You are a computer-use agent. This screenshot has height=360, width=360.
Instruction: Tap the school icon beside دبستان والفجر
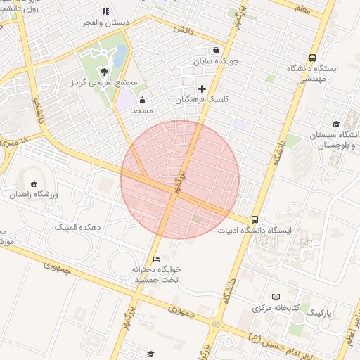click(x=105, y=11)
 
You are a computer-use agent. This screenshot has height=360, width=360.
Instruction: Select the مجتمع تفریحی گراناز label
click(x=105, y=83)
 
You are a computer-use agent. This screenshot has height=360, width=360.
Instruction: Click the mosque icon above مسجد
click(x=143, y=100)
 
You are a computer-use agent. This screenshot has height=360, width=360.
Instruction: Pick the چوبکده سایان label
click(x=216, y=62)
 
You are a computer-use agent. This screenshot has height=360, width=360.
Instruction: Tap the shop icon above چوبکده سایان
click(x=215, y=51)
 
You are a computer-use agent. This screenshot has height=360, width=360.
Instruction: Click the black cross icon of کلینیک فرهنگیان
click(x=202, y=89)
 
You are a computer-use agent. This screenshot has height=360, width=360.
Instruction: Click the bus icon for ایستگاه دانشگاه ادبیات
click(x=254, y=219)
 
